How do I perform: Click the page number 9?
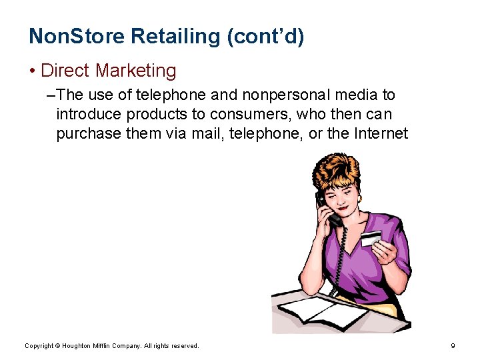[453, 345]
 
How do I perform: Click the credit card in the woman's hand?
[370, 237]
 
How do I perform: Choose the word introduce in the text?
[91, 115]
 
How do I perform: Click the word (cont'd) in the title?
[265, 37]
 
